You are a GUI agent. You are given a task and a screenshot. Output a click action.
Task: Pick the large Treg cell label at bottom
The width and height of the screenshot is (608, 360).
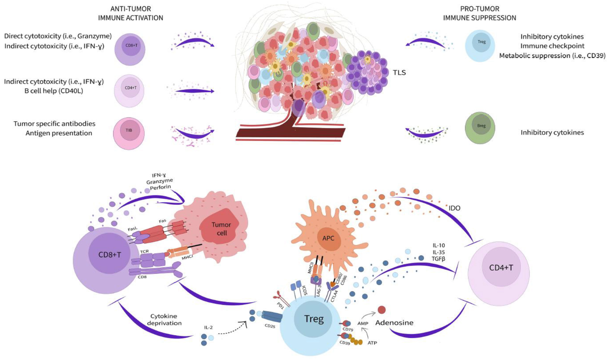coord(313,319)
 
